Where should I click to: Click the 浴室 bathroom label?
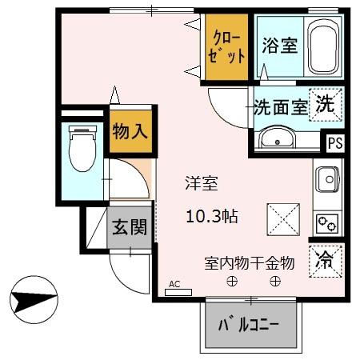(279, 45)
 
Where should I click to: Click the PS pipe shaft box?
(334, 145)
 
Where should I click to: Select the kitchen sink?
(328, 180)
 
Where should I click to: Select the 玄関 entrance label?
(129, 227)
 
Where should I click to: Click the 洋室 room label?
(202, 183)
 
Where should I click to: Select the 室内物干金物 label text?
(250, 262)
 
